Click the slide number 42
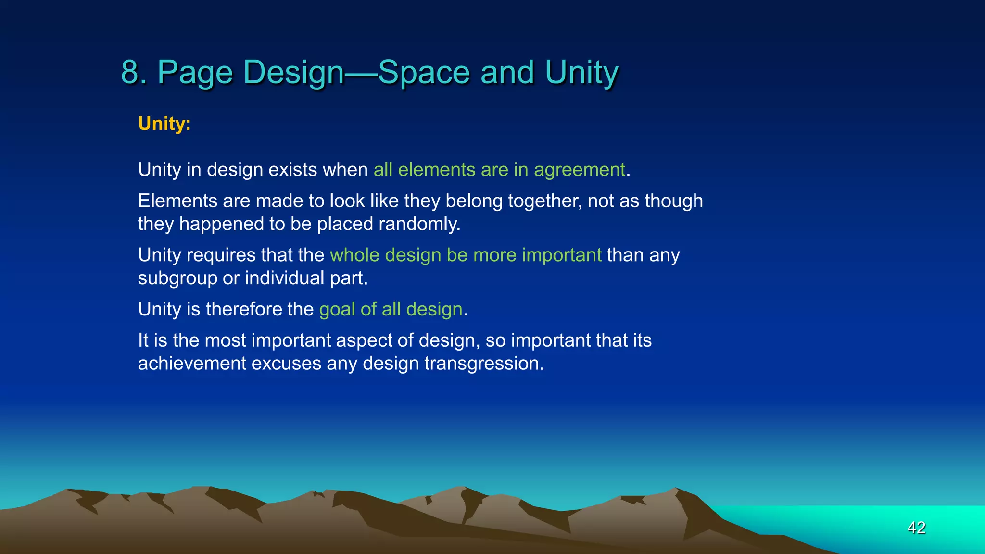(916, 528)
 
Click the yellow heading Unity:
(164, 124)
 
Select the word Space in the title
(424, 73)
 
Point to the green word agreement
(579, 170)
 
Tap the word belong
(474, 201)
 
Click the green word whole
(354, 255)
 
